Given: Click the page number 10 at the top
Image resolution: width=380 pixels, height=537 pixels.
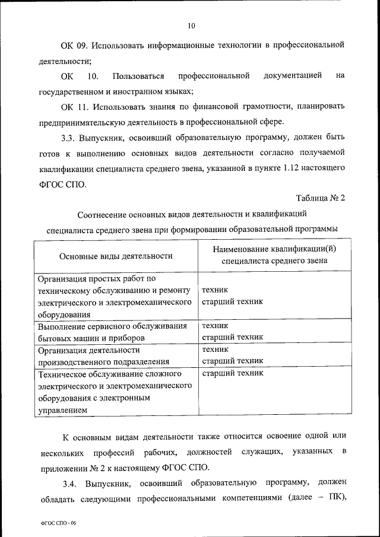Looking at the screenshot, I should click(x=190, y=26).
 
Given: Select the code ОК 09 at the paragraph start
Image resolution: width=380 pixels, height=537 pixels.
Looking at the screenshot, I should click(x=74, y=45).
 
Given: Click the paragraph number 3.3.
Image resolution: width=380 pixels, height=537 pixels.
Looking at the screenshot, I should click(x=69, y=138).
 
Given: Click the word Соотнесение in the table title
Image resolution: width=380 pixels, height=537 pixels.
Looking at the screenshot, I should click(x=104, y=214).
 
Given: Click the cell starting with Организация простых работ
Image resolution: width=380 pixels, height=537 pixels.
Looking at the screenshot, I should click(x=114, y=296).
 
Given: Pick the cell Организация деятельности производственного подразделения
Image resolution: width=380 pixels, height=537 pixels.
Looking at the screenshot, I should click(x=104, y=355).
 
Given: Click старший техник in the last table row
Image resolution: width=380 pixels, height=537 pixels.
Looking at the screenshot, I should click(x=232, y=374).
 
